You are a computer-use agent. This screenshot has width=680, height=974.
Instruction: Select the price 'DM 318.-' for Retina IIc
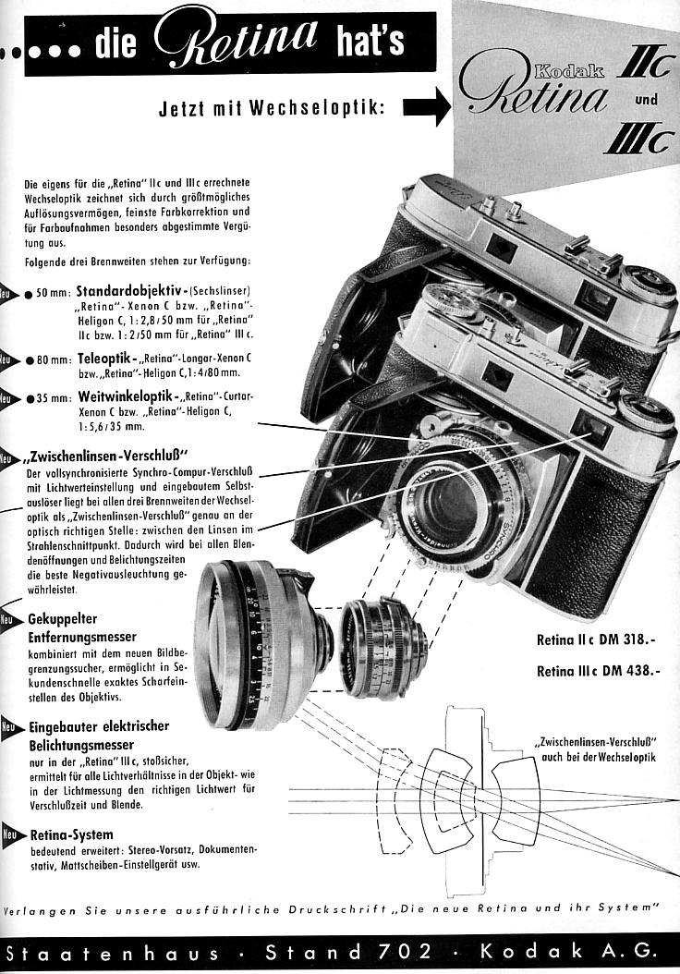coord(632,639)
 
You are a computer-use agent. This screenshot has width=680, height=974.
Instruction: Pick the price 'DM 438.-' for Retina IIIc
coord(632,672)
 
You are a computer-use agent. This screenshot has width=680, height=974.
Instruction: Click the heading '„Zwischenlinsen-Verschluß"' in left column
coord(109,455)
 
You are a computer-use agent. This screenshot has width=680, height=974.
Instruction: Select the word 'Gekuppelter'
coord(64,619)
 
